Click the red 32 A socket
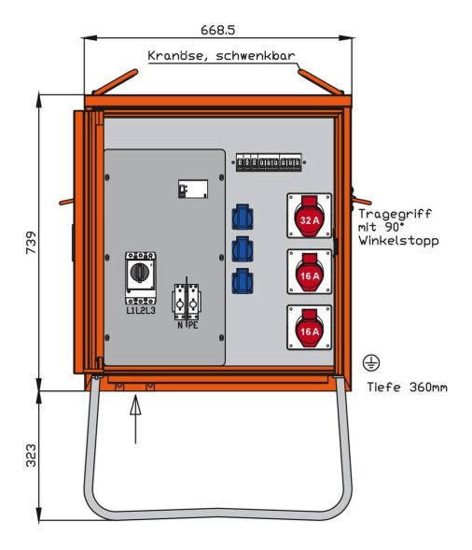[x=309, y=218]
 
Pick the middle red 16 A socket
[x=309, y=273]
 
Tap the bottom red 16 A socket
[x=309, y=329]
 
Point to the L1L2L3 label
[x=140, y=309]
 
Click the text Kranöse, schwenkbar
[x=220, y=56]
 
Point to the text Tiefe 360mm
[x=406, y=386]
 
